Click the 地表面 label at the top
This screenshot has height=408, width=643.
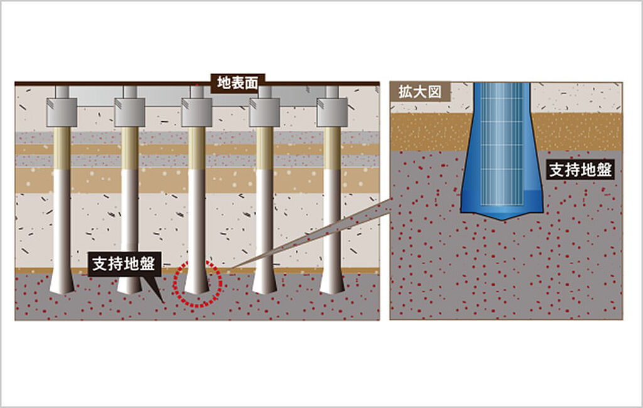coord(237,82)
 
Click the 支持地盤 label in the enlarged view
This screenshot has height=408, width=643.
coord(580,169)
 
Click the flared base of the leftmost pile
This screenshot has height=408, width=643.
coord(62,284)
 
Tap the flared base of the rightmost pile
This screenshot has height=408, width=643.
coord(332,284)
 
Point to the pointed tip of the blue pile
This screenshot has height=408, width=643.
coord(501,216)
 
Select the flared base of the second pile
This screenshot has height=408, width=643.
coord(130,284)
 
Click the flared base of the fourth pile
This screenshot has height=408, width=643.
coord(264,284)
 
